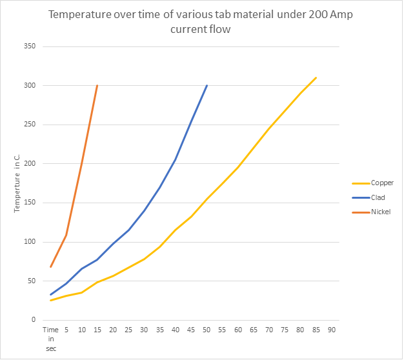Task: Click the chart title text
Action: [x=201, y=22]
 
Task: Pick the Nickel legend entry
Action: [x=381, y=212]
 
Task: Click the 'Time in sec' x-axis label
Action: [x=50, y=337]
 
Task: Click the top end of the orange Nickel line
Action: [x=97, y=86]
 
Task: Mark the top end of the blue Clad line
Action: [x=207, y=86]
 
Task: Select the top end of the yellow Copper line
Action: [x=316, y=78]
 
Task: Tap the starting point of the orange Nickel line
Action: [x=50, y=266]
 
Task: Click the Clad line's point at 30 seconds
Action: [x=144, y=210]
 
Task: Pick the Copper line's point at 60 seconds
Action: [x=237, y=167]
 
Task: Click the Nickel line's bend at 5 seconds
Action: [x=66, y=235]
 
